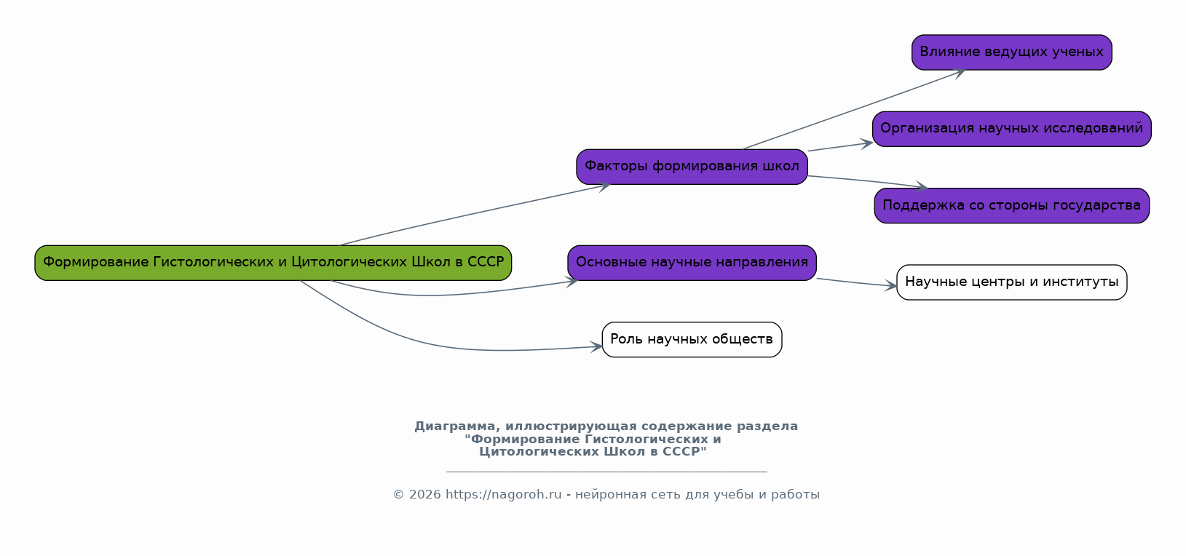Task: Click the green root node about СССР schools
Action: pyautogui.click(x=273, y=263)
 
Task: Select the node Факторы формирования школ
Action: pyautogui.click(x=692, y=167)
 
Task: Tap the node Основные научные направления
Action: pyautogui.click(x=692, y=263)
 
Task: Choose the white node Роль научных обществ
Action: pyautogui.click(x=692, y=340)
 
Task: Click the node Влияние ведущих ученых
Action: pyautogui.click(x=1011, y=52)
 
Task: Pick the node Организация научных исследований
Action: pyautogui.click(x=1011, y=129)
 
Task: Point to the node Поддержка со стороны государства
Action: pyautogui.click(x=1011, y=206)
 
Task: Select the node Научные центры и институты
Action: pyautogui.click(x=1011, y=282)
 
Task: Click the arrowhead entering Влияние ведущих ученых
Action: pyautogui.click(x=960, y=71)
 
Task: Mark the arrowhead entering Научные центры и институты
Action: pyautogui.click(x=891, y=286)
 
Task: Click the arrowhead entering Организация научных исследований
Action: pyautogui.click(x=866, y=143)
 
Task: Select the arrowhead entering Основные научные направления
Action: pyautogui.click(x=572, y=281)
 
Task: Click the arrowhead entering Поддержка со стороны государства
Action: pyautogui.click(x=922, y=188)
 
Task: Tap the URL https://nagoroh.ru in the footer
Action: pyautogui.click(x=503, y=495)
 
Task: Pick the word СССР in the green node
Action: pyautogui.click(x=485, y=263)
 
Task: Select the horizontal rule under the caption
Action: pyautogui.click(x=606, y=472)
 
